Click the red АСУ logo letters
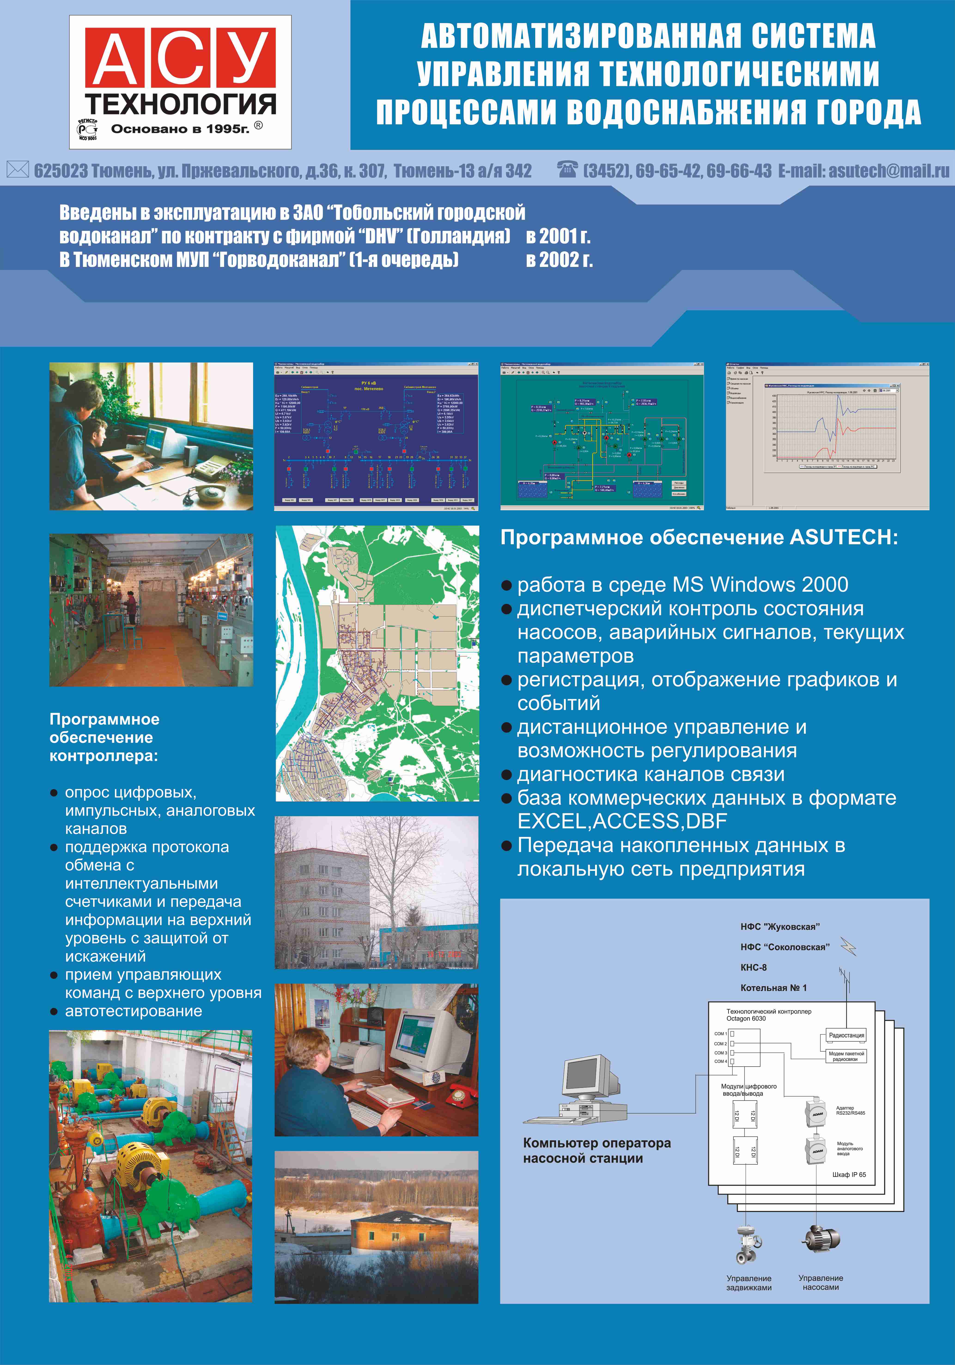click(x=180, y=58)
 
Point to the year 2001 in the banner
click(x=558, y=237)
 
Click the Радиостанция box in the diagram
click(x=846, y=1035)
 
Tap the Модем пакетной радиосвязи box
click(x=846, y=1056)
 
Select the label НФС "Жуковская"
click(x=780, y=926)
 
